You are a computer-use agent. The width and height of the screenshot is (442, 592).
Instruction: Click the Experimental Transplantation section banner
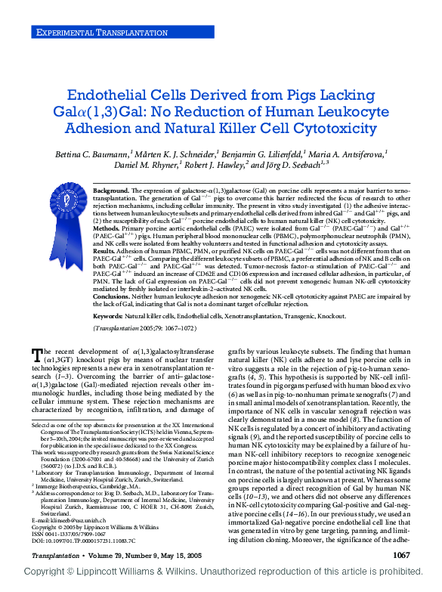pyautogui.click(x=94, y=32)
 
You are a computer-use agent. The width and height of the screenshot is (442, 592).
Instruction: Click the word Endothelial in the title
pyautogui.click(x=111, y=96)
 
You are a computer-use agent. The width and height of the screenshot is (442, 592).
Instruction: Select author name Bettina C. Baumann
pyautogui.click(x=91, y=153)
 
